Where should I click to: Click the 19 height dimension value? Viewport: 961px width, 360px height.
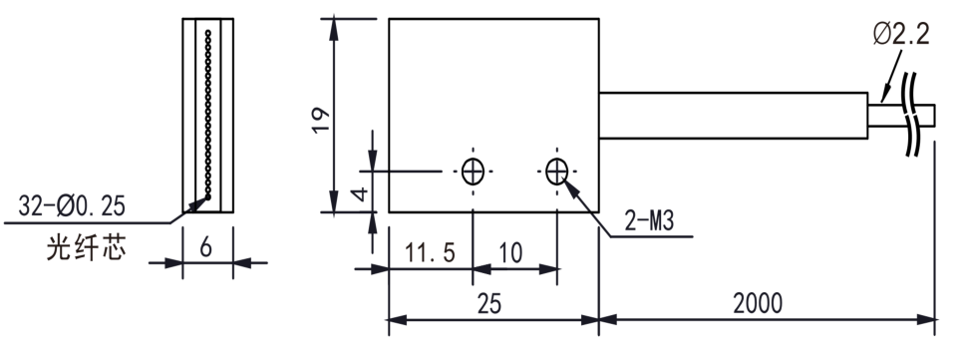[321, 120]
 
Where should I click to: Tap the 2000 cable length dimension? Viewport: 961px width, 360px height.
[758, 303]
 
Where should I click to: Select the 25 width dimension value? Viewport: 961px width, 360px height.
[489, 303]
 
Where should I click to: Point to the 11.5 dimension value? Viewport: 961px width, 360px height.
[430, 252]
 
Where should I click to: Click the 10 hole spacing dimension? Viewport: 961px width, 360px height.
[510, 252]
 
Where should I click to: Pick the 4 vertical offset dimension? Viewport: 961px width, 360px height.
[362, 194]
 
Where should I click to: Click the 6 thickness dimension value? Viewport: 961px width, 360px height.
[206, 247]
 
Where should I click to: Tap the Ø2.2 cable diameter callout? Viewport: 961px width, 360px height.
[901, 34]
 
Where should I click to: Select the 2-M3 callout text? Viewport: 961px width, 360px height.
[649, 220]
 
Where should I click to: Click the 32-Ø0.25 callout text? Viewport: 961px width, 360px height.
[72, 206]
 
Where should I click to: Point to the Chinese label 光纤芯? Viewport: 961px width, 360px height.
[87, 248]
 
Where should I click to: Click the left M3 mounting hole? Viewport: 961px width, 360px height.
[473, 172]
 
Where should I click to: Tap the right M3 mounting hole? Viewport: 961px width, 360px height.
[556, 172]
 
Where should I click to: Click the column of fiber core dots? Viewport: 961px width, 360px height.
[207, 114]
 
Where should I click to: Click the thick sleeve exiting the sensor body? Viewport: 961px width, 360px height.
[733, 116]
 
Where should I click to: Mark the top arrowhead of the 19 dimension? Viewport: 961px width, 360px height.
[333, 29]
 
